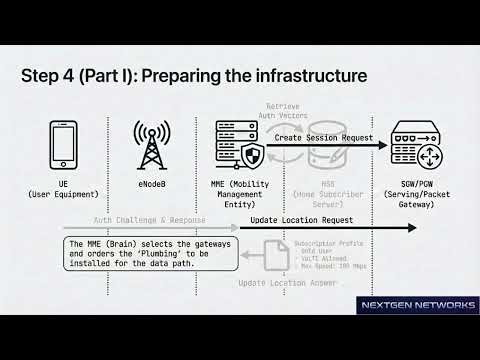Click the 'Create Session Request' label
pos(324,138)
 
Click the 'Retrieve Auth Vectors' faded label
pos(298,111)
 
